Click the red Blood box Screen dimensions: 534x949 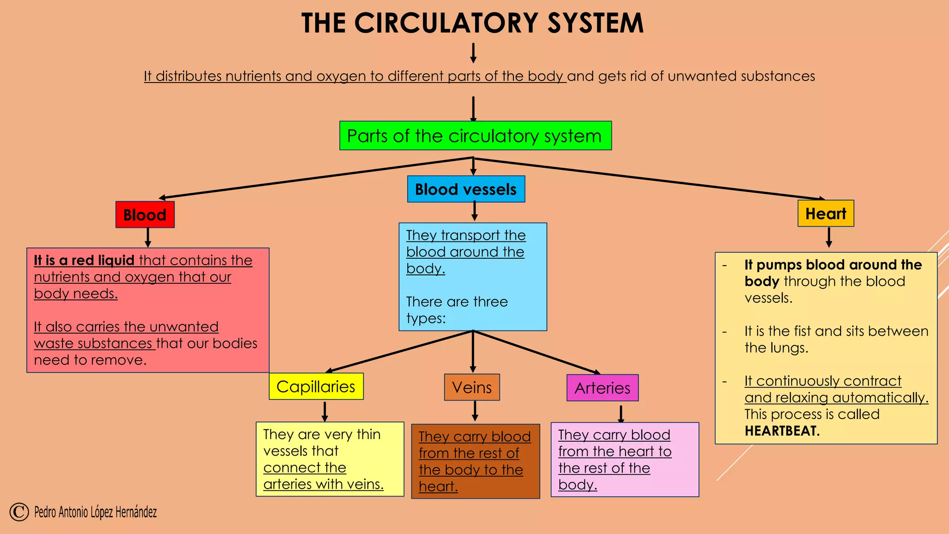pyautogui.click(x=145, y=215)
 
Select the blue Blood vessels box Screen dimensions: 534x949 pyautogui.click(x=466, y=189)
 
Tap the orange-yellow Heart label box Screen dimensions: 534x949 pyautogui.click(x=825, y=214)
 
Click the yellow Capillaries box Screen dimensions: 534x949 pyautogui.click(x=316, y=387)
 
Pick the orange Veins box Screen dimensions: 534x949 pyautogui.click(x=472, y=387)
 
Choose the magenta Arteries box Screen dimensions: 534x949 pyautogui.click(x=602, y=388)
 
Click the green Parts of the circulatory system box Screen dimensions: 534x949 pyautogui.click(x=475, y=136)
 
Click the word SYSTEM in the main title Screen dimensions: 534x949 pyautogui.click(x=595, y=23)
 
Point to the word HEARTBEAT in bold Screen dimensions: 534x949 pyautogui.click(x=782, y=431)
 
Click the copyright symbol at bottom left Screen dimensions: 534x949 pyautogui.click(x=19, y=512)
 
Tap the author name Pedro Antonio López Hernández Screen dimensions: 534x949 pyautogui.click(x=95, y=512)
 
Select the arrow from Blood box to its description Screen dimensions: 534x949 pyautogui.click(x=148, y=237)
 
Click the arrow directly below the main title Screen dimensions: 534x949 pyautogui.click(x=473, y=53)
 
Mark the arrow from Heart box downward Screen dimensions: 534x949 pyautogui.click(x=829, y=237)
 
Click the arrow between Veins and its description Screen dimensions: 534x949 pyautogui.click(x=475, y=411)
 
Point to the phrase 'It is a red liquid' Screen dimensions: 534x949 pyautogui.click(x=84, y=261)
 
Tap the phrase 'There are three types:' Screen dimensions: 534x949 pyautogui.click(x=456, y=310)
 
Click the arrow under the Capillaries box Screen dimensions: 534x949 pyautogui.click(x=325, y=411)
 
